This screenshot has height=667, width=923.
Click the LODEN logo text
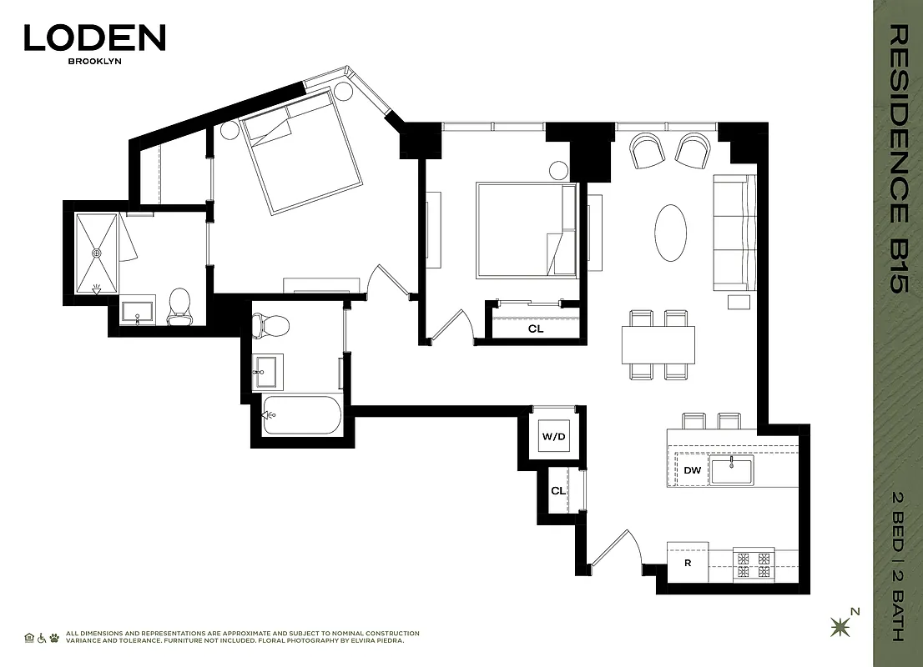click(x=94, y=38)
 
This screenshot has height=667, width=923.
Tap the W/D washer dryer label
click(x=553, y=436)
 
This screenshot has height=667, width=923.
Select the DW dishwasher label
click(x=692, y=470)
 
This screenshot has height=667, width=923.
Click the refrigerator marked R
click(x=688, y=563)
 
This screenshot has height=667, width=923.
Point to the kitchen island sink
click(x=731, y=470)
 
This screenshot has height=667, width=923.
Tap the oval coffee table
click(x=672, y=233)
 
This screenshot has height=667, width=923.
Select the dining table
click(x=658, y=345)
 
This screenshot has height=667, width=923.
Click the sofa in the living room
click(x=735, y=233)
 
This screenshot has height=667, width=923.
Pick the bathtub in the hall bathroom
click(x=302, y=415)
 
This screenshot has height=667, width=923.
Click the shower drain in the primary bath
click(x=97, y=251)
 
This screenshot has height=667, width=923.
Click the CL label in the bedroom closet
click(x=536, y=328)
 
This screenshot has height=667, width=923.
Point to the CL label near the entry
click(x=557, y=491)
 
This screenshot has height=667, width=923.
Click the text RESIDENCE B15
click(x=898, y=158)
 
